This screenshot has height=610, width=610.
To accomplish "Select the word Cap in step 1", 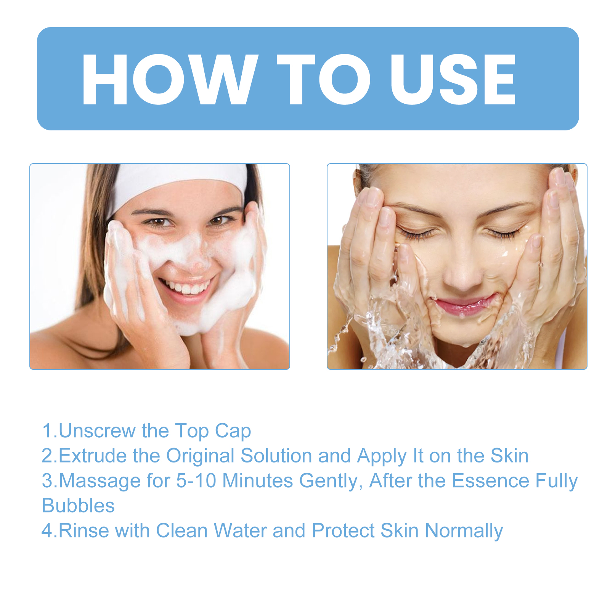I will [x=233, y=431].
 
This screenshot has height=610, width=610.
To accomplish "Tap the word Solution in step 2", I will [x=276, y=456].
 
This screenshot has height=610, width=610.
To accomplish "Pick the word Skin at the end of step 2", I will [x=509, y=456].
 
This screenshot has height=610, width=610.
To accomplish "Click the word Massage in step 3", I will [x=99, y=481].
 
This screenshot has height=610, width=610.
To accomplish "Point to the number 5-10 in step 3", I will [x=196, y=481].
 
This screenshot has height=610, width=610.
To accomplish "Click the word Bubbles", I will [x=78, y=506].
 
